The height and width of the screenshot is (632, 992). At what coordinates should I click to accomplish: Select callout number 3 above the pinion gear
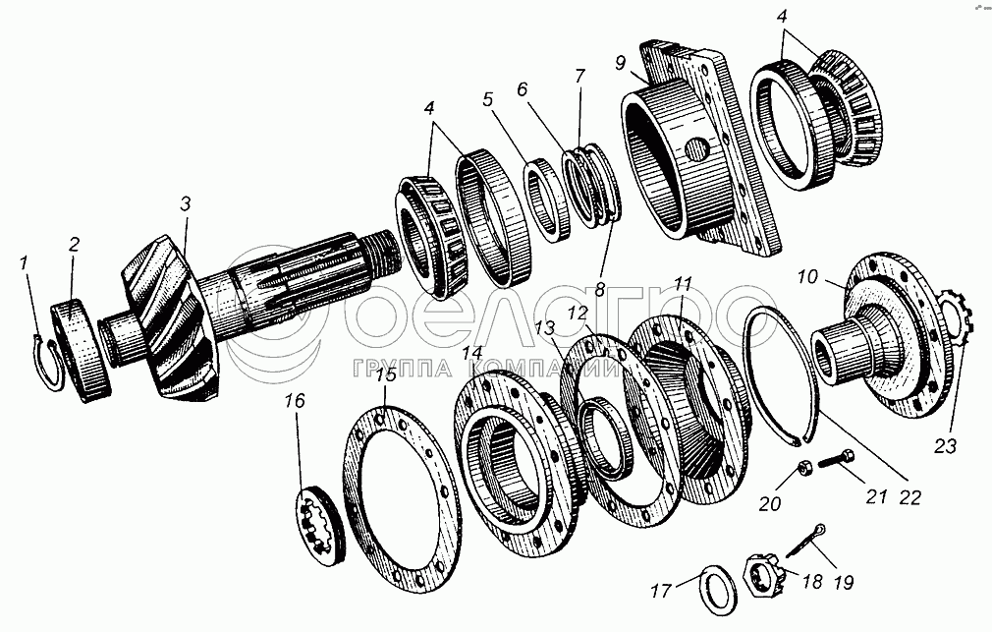185,203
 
